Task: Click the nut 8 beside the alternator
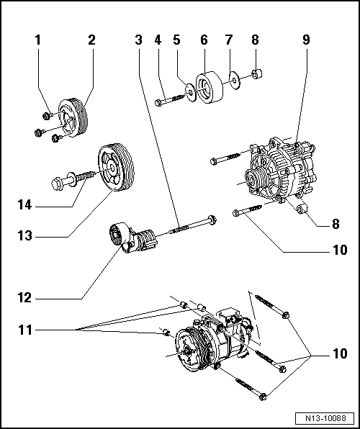click(x=302, y=209)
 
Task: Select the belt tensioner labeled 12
click(x=133, y=239)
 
